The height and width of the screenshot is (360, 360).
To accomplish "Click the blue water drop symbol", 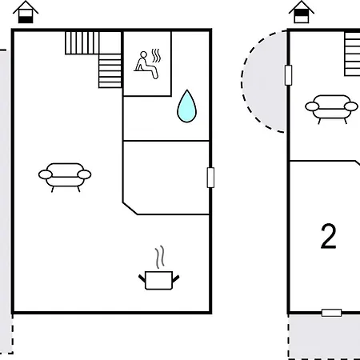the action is coord(187,106).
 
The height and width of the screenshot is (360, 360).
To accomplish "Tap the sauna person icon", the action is coord(146,66).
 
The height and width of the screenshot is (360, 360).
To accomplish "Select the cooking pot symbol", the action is coord(159,280).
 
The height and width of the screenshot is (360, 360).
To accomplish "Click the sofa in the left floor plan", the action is coord(65,176).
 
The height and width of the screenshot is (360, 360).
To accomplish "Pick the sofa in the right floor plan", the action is coord(331,108).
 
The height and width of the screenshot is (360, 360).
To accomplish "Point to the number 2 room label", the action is coord(328,236).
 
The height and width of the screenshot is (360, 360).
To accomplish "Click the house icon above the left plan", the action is coord(26,12).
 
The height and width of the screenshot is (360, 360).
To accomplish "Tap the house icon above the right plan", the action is coord(302,12).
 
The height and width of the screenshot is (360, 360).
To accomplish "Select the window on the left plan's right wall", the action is coord(210,178).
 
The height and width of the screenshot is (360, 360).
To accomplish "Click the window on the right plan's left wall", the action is coord(288,75).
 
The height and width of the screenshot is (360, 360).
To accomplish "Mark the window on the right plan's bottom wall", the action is coord(331,313).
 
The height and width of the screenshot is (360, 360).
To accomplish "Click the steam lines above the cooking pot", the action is coord(160,257).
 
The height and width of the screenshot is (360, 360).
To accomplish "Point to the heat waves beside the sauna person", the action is coord(156,55).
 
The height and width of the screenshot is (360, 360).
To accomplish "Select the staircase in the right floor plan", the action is coord(352,54).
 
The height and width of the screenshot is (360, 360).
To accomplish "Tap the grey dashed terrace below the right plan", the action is coord(324,337).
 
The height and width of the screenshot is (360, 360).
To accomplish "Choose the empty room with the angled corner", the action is coord(166,178).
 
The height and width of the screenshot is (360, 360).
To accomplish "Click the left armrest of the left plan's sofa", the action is coord(46,174).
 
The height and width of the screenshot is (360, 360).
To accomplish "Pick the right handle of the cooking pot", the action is coord(176,279).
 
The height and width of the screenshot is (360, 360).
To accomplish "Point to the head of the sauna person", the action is coord(144,54).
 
